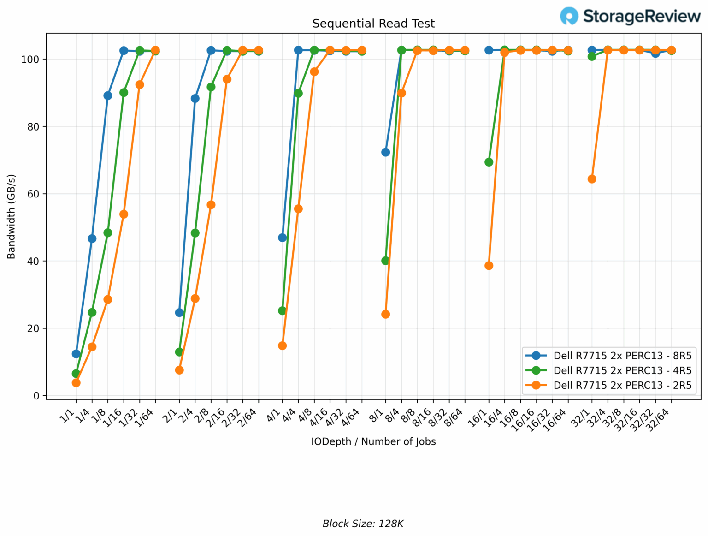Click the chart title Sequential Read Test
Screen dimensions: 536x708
coord(373,24)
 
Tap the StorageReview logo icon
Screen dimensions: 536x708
coord(569,16)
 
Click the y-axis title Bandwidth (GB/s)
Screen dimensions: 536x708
coord(12,216)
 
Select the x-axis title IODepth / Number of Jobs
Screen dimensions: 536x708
coord(373,441)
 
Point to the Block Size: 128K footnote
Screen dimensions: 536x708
coord(363,524)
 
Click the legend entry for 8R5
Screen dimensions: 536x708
coord(622,356)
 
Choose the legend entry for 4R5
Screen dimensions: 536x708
coord(622,370)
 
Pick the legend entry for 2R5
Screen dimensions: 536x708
coord(622,385)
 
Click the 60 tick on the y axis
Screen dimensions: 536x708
coord(34,194)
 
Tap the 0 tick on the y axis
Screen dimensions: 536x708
coord(37,396)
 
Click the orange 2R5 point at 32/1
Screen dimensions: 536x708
coord(592,179)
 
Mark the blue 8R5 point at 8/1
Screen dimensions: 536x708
coord(386,152)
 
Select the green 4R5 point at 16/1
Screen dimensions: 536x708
coord(489,162)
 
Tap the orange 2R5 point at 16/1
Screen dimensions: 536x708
coord(489,266)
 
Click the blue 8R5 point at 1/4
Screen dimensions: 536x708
coord(92,238)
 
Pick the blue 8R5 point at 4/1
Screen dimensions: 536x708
coord(283,238)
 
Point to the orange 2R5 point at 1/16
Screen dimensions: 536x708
coord(124,214)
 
